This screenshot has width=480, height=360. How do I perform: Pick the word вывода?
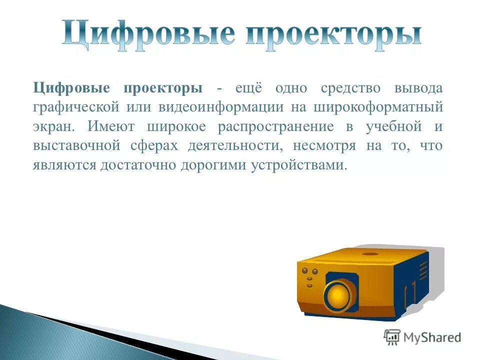pyautogui.click(x=418, y=88)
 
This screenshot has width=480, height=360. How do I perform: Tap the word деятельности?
pyautogui.click(x=235, y=146)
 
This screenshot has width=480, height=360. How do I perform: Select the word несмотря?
pyautogui.click(x=325, y=146)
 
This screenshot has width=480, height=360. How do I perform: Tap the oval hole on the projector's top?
pyautogui.click(x=370, y=253)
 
